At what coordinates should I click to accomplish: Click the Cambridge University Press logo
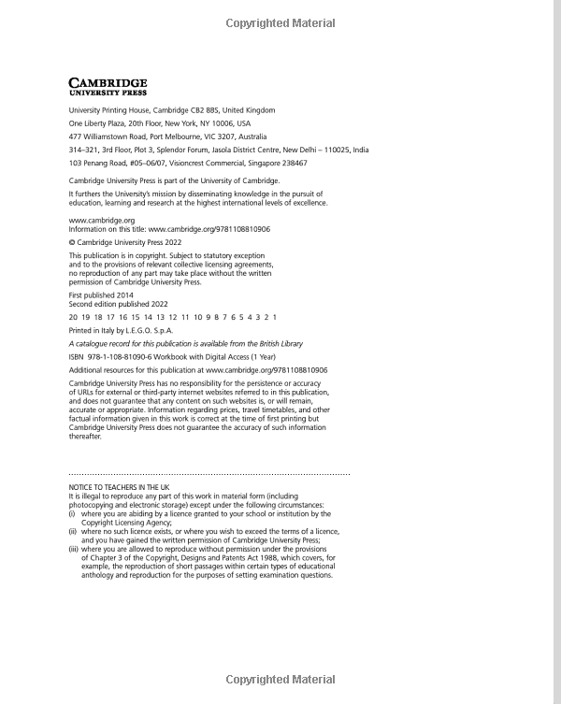pyautogui.click(x=108, y=87)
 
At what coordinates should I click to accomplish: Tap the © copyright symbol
pyautogui.click(x=72, y=241)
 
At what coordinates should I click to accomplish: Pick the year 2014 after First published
pyautogui.click(x=119, y=295)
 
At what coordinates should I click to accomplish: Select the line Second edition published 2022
pyautogui.click(x=118, y=304)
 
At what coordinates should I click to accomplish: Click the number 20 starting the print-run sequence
pyautogui.click(x=73, y=317)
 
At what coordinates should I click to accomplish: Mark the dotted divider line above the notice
pyautogui.click(x=209, y=475)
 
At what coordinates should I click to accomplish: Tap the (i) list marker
pyautogui.click(x=72, y=514)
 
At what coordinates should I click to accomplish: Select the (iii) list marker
pyautogui.click(x=73, y=549)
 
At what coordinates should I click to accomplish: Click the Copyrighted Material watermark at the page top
pyautogui.click(x=280, y=22)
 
